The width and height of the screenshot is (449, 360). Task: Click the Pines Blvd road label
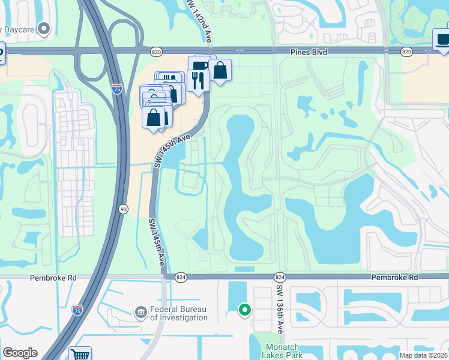click(x=310, y=52)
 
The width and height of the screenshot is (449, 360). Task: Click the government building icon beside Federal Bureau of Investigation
click(x=140, y=312)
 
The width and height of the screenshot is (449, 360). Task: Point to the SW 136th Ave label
click(x=280, y=308)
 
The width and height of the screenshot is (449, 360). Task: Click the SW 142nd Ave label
click(x=197, y=21)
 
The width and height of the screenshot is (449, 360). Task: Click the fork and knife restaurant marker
click(x=197, y=79)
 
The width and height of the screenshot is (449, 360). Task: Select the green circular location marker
click(x=244, y=310)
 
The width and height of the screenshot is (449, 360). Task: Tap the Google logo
click(x=20, y=353)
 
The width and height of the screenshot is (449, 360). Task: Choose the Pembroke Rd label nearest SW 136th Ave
click(x=394, y=278)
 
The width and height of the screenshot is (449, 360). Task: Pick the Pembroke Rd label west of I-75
click(x=46, y=278)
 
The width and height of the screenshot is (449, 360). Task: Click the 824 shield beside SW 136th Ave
click(x=280, y=277)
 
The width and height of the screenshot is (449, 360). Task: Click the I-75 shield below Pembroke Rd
click(x=77, y=310)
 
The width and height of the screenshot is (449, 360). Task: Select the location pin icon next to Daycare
click(x=43, y=28)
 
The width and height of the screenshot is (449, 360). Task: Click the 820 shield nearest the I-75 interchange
click(x=156, y=52)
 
